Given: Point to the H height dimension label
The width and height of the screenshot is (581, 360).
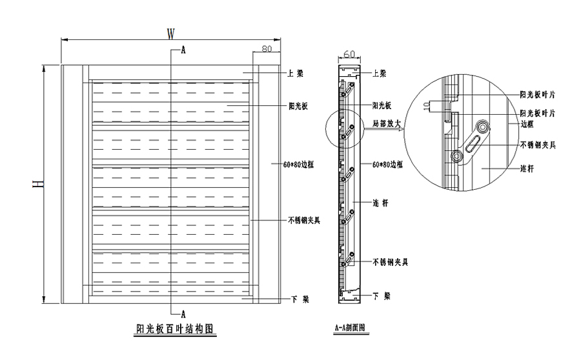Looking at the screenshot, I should tap(39, 185).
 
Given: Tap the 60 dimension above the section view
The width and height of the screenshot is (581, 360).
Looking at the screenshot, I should tap(349, 54).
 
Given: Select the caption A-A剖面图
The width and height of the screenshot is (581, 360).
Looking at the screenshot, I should tap(349, 327).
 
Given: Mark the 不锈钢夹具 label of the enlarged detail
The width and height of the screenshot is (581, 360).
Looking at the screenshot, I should tap(538, 143).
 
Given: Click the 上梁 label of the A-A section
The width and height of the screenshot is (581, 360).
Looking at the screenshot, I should tap(380, 74).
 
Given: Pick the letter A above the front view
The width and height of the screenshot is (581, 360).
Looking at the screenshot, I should tap(183, 50).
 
